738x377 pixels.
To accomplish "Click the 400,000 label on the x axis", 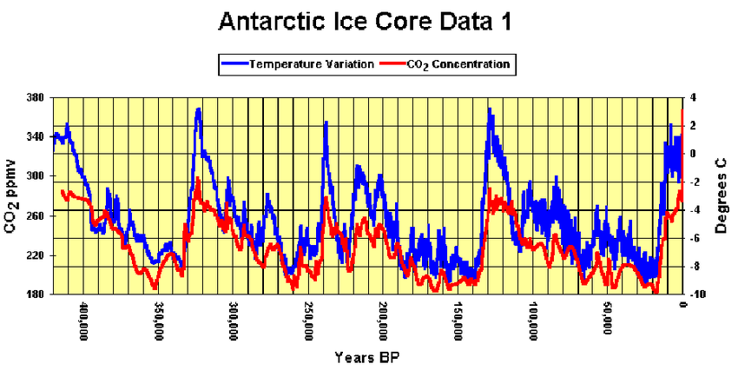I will click(x=84, y=322).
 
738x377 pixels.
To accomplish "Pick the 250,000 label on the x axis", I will click(x=308, y=322).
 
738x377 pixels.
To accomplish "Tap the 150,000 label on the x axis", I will click(x=458, y=322).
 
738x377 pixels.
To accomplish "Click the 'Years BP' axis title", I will click(x=368, y=357).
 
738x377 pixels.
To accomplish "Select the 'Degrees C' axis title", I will click(x=720, y=195).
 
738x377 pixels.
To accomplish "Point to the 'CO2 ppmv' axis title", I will click(x=12, y=196).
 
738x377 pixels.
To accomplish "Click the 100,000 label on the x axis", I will click(x=532, y=322).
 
